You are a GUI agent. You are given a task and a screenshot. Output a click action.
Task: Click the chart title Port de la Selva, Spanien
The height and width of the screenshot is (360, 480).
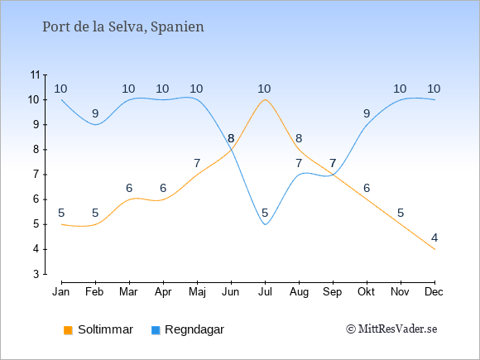pos(123,27)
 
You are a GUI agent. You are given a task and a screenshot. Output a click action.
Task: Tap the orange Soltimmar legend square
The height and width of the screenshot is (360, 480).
pos(68,330)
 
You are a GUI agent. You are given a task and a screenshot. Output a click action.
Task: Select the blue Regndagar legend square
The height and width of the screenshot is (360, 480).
pos(156,330)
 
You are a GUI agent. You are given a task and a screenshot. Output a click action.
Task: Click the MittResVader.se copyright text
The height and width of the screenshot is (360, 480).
pos(391,329)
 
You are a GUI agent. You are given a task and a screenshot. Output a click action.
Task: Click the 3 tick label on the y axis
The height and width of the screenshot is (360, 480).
pos(36,274)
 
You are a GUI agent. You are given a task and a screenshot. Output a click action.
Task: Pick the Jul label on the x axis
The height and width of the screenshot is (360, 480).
pos(265,292)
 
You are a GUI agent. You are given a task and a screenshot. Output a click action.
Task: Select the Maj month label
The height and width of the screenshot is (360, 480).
pos(197,292)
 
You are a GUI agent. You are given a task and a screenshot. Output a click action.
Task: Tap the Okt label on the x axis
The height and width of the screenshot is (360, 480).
pos(367,292)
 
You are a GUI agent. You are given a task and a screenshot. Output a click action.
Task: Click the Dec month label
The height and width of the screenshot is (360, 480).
pos(434,292)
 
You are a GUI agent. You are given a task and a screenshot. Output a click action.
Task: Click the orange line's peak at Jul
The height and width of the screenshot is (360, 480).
pos(265,99)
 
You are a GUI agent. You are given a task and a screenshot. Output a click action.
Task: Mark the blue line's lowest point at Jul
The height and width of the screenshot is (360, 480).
pos(265,224)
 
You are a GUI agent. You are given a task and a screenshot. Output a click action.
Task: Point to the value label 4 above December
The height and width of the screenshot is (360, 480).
pos(434,238)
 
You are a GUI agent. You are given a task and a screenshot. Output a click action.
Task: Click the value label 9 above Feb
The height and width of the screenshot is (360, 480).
pos(95,113)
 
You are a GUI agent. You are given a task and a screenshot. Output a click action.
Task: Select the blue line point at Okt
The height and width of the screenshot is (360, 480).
pos(367,125)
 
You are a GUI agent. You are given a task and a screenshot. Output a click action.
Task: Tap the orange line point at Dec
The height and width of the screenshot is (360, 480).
pos(434,249)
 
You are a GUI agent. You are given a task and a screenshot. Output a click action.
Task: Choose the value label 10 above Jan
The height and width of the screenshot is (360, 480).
pos(60,89)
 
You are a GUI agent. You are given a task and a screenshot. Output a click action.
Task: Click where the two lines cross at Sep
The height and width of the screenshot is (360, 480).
pos(333,175)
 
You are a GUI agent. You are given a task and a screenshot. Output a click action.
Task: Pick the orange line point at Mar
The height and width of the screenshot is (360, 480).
pos(129,199)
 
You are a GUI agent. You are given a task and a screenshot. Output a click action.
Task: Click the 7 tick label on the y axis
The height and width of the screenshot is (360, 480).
pos(36,175)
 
